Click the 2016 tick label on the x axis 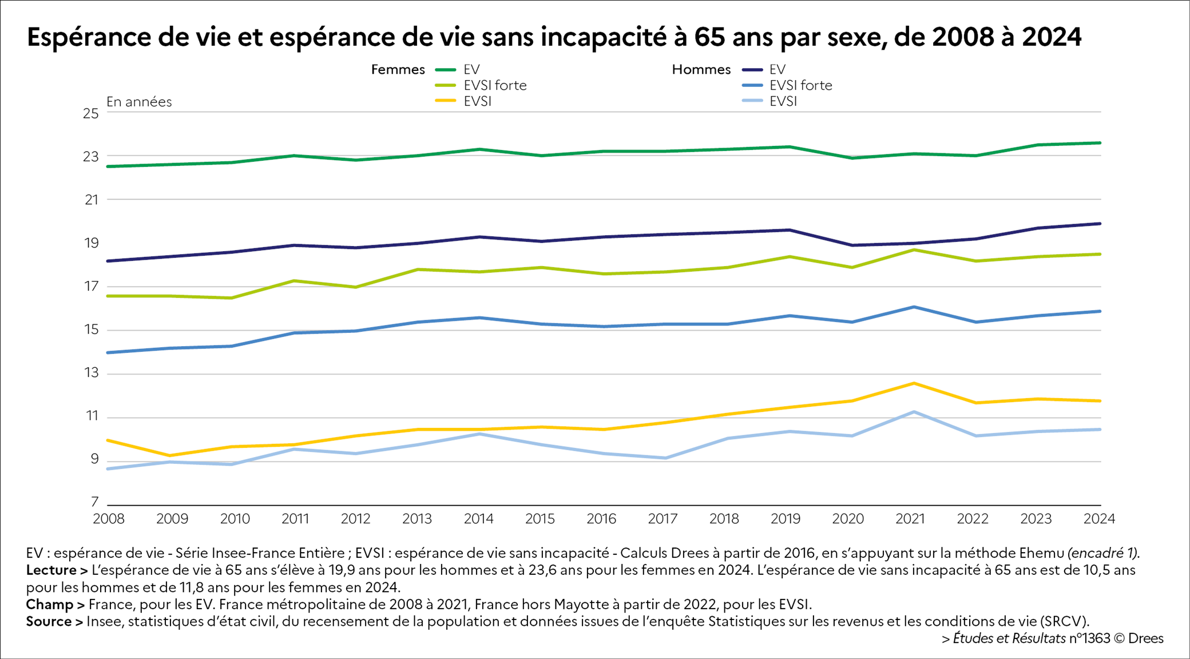click(601, 519)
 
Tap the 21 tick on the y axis click(92, 200)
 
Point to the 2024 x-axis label click(1099, 519)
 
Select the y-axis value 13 click(92, 373)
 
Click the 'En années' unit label click(139, 102)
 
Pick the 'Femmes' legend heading click(398, 70)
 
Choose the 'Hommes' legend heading click(701, 70)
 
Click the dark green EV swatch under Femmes click(446, 70)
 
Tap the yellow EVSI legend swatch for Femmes click(446, 101)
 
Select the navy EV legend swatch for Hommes click(752, 70)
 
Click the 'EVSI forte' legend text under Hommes click(800, 85)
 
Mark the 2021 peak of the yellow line click(914, 383)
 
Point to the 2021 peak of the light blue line click(914, 412)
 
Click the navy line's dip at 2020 click(852, 245)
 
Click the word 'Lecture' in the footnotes click(51, 570)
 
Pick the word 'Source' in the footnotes click(49, 621)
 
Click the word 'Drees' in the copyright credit click(1145, 638)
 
